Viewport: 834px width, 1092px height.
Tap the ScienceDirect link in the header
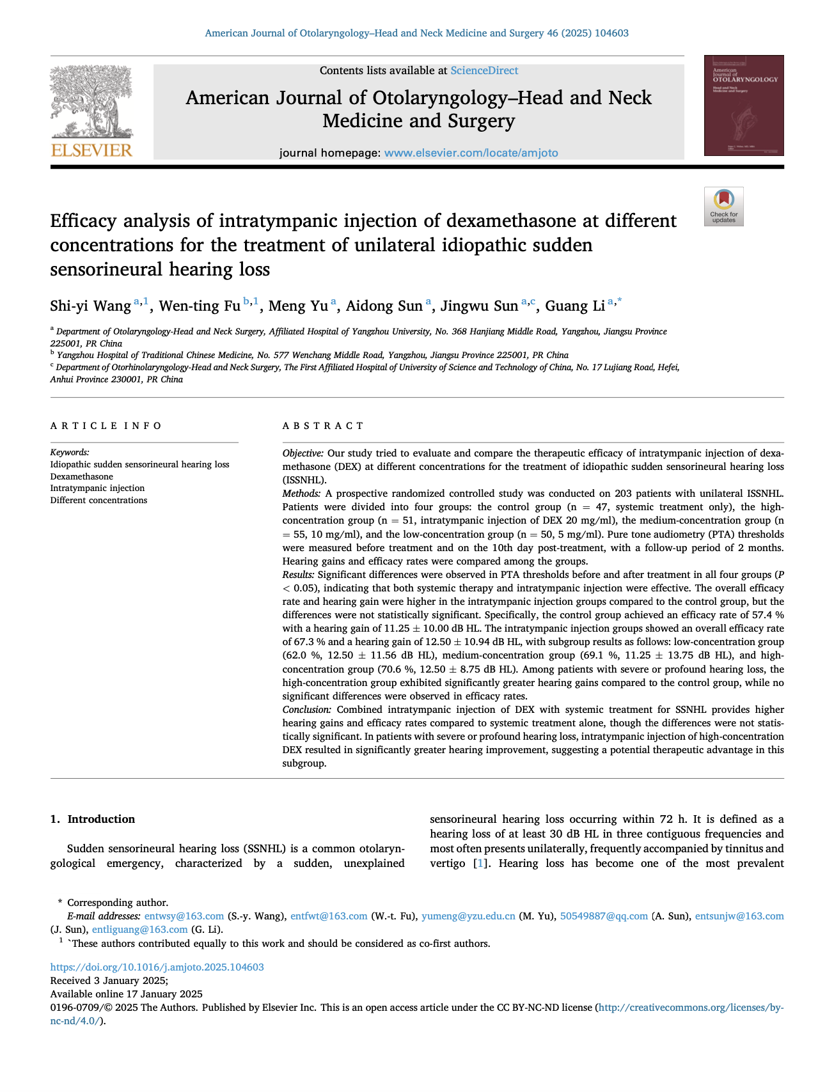tap(484, 71)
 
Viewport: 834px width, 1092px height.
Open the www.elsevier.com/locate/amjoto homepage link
tap(471, 153)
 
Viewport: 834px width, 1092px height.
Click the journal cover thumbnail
tap(744, 105)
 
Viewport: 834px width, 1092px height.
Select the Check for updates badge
tap(723, 207)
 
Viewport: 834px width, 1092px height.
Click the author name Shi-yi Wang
tap(90, 306)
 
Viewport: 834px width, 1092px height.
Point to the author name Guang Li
tap(574, 306)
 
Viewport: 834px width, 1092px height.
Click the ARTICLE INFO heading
tap(106, 426)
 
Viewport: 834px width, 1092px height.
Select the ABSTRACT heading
tap(323, 426)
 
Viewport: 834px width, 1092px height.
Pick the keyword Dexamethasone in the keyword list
tap(81, 476)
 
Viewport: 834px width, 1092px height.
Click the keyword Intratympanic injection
tap(88, 488)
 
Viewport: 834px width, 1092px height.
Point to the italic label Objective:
tap(303, 453)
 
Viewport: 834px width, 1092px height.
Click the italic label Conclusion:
tap(307, 710)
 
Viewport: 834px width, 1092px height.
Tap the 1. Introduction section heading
tap(93, 820)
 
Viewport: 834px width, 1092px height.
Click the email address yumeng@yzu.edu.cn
tap(468, 916)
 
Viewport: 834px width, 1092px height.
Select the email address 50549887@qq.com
tap(604, 916)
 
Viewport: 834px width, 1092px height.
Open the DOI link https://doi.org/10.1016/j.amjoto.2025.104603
tap(157, 967)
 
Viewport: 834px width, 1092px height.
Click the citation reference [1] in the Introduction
tap(479, 864)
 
